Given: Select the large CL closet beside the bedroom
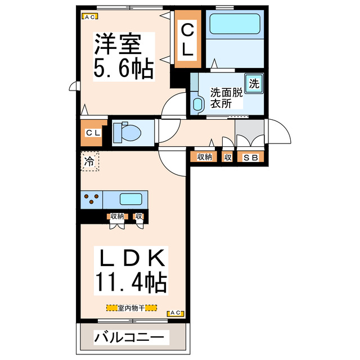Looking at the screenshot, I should pyautogui.click(x=187, y=39).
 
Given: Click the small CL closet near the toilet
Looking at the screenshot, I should pyautogui.click(x=93, y=133).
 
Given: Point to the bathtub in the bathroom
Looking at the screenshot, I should pyautogui.click(x=234, y=25).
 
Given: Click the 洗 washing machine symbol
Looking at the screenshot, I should pyautogui.click(x=254, y=84).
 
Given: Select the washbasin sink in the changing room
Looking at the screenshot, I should pyautogui.click(x=197, y=103).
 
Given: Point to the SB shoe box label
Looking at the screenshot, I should pyautogui.click(x=250, y=157).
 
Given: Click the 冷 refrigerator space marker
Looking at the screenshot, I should pyautogui.click(x=89, y=162).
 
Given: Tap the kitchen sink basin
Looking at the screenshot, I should pyautogui.click(x=130, y=199).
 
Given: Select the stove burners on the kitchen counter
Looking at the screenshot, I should pyautogui.click(x=93, y=199).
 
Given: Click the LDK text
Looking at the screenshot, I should pyautogui.click(x=133, y=259).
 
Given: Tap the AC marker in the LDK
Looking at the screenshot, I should pyautogui.click(x=175, y=313).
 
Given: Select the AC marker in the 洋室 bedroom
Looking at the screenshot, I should pyautogui.click(x=88, y=17).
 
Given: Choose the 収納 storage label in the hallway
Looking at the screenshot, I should pyautogui.click(x=204, y=157).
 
